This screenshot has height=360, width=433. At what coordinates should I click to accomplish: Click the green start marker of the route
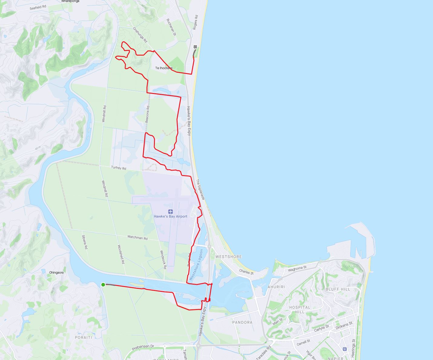point(103,284)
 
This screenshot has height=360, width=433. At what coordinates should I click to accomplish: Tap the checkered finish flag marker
point(195,47)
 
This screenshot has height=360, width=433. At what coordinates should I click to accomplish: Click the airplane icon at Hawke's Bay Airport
point(170,212)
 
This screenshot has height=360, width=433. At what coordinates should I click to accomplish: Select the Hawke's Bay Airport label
point(170,216)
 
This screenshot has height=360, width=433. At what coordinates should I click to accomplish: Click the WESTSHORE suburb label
point(228,257)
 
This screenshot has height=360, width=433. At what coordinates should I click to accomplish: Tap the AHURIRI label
point(276,287)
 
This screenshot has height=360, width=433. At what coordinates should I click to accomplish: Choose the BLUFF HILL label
point(338,289)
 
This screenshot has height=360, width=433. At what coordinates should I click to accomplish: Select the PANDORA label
point(242,322)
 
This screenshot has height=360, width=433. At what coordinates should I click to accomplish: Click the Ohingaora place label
point(56,272)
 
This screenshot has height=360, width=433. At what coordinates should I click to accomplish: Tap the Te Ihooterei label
point(164,68)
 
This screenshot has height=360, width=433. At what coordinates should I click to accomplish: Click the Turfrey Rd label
point(118,168)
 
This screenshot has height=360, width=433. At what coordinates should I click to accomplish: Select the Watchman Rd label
point(137,238)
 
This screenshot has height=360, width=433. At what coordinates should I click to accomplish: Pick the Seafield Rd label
point(38,7)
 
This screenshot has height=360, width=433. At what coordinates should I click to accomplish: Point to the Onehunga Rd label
point(140,35)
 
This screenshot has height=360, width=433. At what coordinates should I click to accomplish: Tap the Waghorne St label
point(297,268)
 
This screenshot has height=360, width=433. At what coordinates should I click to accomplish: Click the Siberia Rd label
point(85,242)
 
